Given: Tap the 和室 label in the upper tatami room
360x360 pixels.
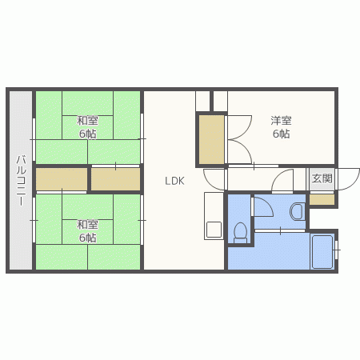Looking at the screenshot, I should (88, 121).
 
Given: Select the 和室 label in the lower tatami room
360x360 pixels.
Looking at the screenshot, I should (88, 225).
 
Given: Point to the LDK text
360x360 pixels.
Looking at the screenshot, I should (175, 181).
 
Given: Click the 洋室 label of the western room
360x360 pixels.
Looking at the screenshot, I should (280, 121).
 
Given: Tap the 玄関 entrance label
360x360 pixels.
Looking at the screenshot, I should (322, 178).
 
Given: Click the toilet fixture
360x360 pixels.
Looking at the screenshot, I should (239, 232).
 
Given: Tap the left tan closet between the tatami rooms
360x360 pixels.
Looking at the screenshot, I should (61, 178).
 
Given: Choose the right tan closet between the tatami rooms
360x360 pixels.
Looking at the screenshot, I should (115, 178).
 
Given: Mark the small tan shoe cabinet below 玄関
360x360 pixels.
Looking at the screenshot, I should (322, 200).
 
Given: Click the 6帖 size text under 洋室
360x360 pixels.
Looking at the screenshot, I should (280, 134).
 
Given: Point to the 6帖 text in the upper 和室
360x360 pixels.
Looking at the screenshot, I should (88, 134).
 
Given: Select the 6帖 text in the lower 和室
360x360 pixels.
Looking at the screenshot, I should (88, 238).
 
